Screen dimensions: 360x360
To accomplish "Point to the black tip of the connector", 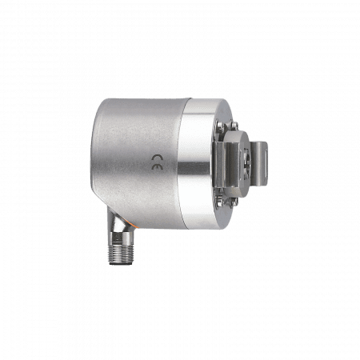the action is click(121, 264).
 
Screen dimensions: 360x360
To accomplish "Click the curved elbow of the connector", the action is click(118, 222).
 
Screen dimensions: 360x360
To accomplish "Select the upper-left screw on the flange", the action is click(220, 126).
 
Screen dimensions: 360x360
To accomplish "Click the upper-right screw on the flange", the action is click(234, 125).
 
